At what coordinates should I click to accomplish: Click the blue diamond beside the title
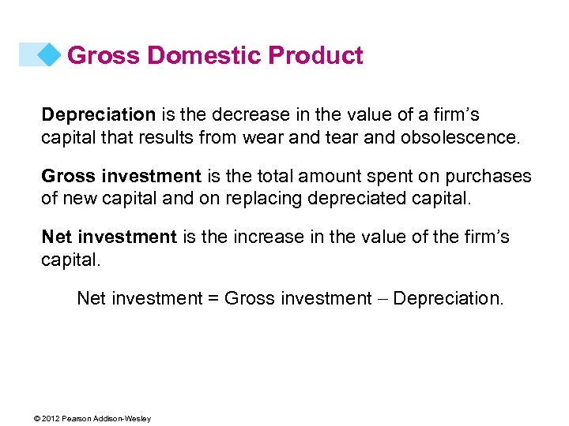[x=49, y=54]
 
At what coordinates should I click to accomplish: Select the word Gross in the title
[x=103, y=56]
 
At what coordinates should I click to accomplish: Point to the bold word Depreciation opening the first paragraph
[x=98, y=115]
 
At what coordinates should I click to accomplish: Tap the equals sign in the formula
[x=213, y=299]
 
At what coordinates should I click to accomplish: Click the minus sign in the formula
[x=382, y=299]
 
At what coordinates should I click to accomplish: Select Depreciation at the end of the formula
[x=447, y=299]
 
